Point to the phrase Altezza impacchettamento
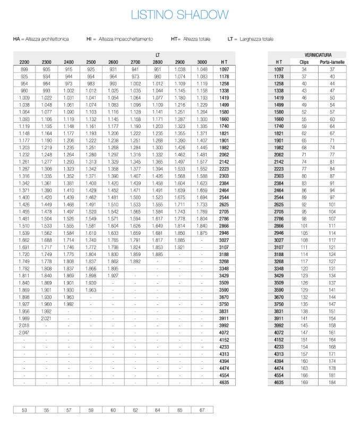point(126,39)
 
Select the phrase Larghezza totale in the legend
point(256,39)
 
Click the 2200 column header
point(24,62)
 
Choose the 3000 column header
point(202,62)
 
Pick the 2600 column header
point(113,62)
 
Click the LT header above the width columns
point(158,55)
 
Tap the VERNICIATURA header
point(319,55)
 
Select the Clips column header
point(304,62)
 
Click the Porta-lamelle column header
point(332,62)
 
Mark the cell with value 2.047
point(24,332)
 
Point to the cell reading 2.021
point(47,318)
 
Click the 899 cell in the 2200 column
point(24,70)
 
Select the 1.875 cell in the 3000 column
point(202,233)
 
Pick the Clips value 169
point(304,382)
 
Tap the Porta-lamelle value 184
point(332,382)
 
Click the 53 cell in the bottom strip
point(24,410)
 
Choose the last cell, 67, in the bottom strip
point(202,410)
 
